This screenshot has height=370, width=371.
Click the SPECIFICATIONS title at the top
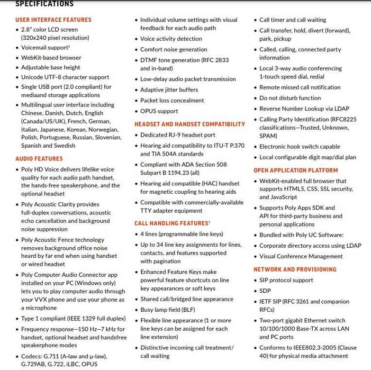pos(44,4)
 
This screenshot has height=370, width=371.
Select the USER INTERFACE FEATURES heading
pos(53,20)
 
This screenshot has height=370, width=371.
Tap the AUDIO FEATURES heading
pos(39,158)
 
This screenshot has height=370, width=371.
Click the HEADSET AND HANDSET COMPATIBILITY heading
pos(189,124)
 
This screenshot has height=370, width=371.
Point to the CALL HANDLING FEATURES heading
pos(172,223)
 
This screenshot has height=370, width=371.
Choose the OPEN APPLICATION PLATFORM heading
pos(295,170)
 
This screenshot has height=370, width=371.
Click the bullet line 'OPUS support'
pos(159,111)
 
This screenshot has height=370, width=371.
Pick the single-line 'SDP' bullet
pos(265,291)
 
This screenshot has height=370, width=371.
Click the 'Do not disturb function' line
pos(290,98)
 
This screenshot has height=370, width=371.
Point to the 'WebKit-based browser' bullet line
pos(51,57)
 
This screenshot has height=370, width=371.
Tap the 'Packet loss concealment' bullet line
pos(172,100)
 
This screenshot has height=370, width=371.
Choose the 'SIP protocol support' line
pos(286,280)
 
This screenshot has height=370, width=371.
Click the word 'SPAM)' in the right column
pos(269,136)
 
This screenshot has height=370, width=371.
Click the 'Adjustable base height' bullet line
pos(51,67)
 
